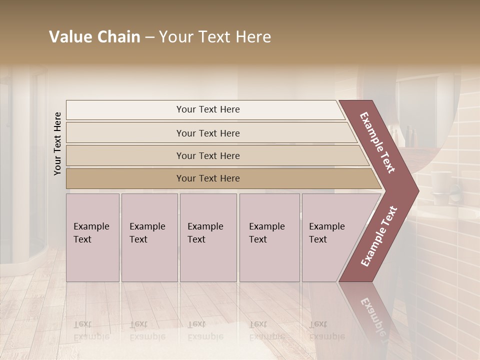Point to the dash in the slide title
[149, 37]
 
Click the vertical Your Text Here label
[57, 143]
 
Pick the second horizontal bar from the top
[207, 133]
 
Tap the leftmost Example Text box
[92, 237]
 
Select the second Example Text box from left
[149, 237]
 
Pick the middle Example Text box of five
[208, 237]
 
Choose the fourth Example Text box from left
[269, 237]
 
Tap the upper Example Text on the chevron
[378, 142]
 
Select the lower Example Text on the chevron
[378, 236]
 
